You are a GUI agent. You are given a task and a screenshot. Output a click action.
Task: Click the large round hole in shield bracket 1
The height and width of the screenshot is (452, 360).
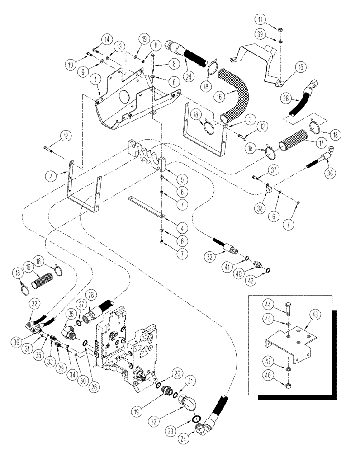[122, 98]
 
